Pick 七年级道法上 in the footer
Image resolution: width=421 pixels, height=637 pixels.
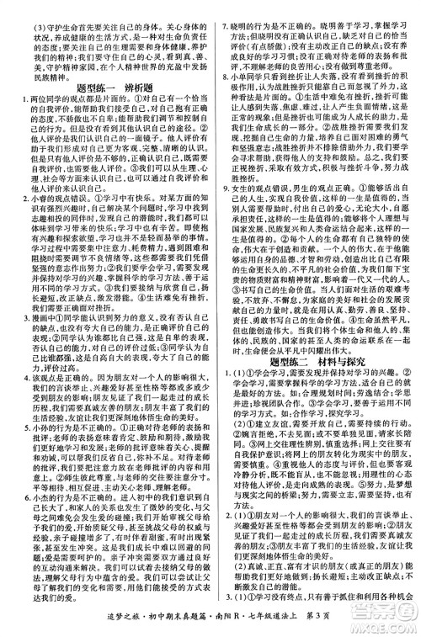286,624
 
